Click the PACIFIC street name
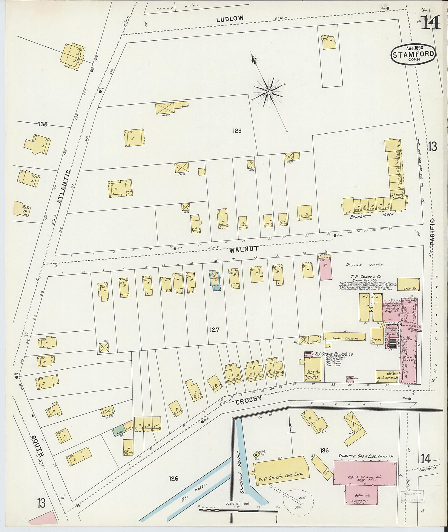[x=432, y=232]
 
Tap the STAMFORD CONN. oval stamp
[x=413, y=54]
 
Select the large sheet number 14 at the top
[x=430, y=23]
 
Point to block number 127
[x=214, y=330]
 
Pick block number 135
[x=43, y=124]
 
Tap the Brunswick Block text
[x=372, y=215]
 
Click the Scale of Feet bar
[x=238, y=510]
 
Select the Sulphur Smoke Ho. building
[x=344, y=337]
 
